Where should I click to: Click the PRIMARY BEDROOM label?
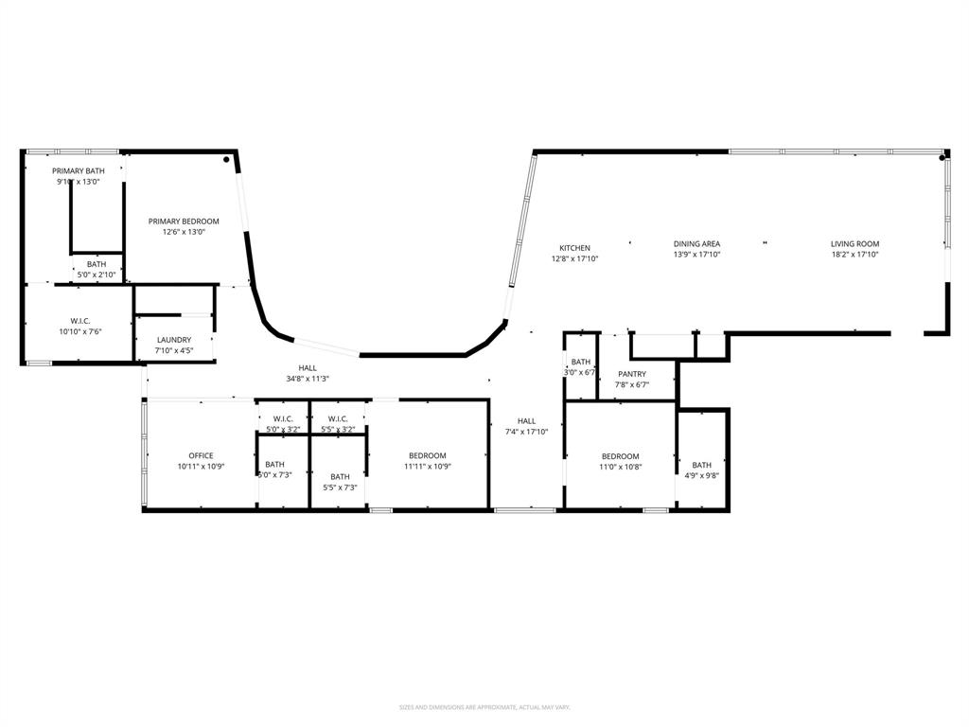pyautogui.click(x=184, y=222)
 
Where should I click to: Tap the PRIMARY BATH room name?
pyautogui.click(x=79, y=170)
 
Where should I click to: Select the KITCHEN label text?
pyautogui.click(x=574, y=248)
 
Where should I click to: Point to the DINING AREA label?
pyautogui.click(x=696, y=243)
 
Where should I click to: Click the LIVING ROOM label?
pyautogui.click(x=854, y=243)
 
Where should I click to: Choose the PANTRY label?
pyautogui.click(x=632, y=374)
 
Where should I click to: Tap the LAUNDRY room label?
pyautogui.click(x=174, y=340)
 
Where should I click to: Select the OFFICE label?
pyautogui.click(x=201, y=455)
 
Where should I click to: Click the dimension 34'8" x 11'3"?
pyautogui.click(x=308, y=379)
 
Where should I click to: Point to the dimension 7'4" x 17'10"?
pyautogui.click(x=526, y=432)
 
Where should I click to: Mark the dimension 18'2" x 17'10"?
pyautogui.click(x=854, y=255)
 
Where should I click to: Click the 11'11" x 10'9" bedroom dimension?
pyautogui.click(x=427, y=466)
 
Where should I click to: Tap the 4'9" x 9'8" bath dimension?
pyautogui.click(x=701, y=476)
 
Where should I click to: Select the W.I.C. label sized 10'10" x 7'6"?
pyautogui.click(x=79, y=321)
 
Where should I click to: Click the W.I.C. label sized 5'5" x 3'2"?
pyautogui.click(x=339, y=418)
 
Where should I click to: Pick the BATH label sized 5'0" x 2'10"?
pyautogui.click(x=97, y=264)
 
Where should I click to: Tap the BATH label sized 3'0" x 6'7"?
pyautogui.click(x=581, y=362)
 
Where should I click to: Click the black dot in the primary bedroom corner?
pyautogui.click(x=226, y=160)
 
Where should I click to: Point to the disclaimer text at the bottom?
pyautogui.click(x=484, y=707)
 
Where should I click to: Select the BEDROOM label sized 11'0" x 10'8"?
pyautogui.click(x=620, y=455)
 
